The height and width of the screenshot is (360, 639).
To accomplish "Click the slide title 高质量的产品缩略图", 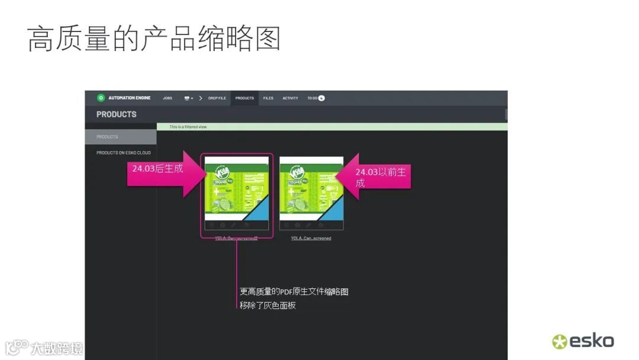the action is [x=154, y=39].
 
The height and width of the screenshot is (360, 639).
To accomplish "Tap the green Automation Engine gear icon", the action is [x=101, y=98].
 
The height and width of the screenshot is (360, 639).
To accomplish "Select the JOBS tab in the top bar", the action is [x=167, y=98].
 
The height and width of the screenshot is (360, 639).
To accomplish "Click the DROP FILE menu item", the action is [x=217, y=98].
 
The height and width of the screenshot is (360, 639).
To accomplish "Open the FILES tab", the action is [x=268, y=98].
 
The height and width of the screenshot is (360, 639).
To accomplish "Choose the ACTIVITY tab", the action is [x=290, y=98].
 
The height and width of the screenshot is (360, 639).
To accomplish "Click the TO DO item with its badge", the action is [x=316, y=98].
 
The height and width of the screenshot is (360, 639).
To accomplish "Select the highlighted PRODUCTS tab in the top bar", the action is [x=244, y=98].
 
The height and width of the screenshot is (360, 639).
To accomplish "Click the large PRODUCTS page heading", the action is [x=117, y=114].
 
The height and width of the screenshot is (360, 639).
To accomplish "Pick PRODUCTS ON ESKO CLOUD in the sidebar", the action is [x=124, y=153].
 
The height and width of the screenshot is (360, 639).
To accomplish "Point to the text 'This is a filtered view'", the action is [x=188, y=127].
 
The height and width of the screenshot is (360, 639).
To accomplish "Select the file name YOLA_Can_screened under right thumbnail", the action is [x=311, y=239].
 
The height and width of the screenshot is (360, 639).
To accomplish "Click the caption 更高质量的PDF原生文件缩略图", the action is [x=294, y=292].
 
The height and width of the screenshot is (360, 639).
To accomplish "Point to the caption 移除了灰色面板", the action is [x=267, y=306].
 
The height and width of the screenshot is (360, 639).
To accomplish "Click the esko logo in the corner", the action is [x=583, y=341].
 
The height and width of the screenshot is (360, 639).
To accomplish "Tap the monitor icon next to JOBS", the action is [x=187, y=98].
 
